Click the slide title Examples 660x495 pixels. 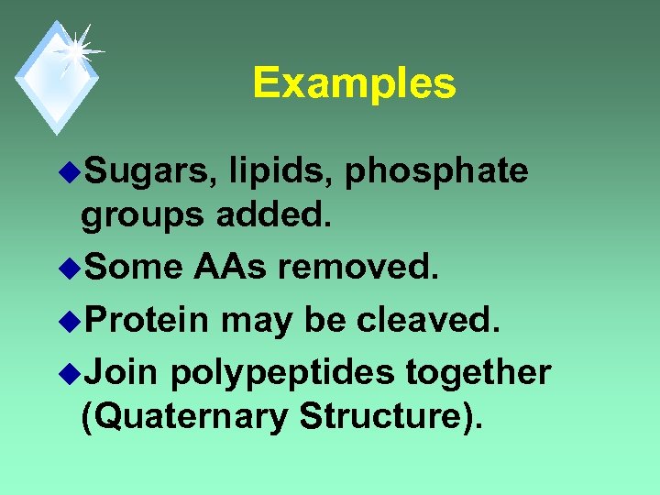click(x=354, y=83)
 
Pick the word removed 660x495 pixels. click(x=358, y=267)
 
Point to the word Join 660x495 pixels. click(x=122, y=372)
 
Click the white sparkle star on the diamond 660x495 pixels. click(x=75, y=49)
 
